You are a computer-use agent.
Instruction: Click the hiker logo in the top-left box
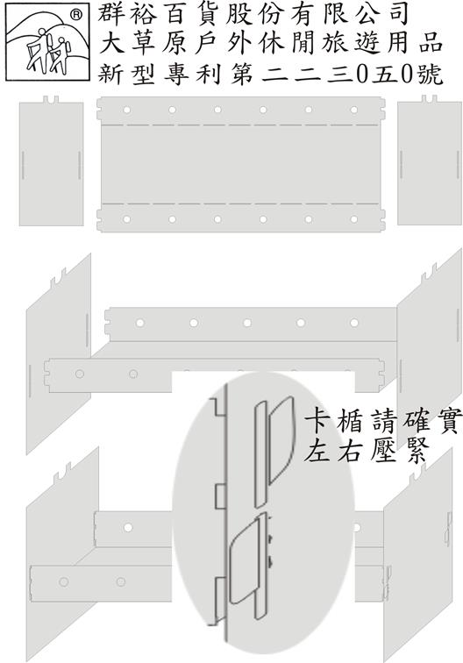[47, 41]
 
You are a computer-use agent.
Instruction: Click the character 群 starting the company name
[111, 13]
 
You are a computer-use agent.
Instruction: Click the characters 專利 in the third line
[192, 74]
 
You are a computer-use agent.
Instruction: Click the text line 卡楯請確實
[381, 421]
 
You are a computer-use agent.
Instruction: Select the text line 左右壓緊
[367, 450]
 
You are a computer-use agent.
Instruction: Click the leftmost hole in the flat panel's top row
[126, 110]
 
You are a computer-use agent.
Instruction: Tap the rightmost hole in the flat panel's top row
[354, 110]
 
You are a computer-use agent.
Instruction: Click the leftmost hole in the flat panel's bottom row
[126, 219]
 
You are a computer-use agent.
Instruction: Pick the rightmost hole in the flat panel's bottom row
[354, 219]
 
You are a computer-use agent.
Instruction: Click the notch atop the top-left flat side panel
[51, 101]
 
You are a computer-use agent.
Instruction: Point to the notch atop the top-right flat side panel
[429, 100]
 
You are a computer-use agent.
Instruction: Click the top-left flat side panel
[51, 162]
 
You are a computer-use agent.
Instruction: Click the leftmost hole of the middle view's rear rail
[140, 323]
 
